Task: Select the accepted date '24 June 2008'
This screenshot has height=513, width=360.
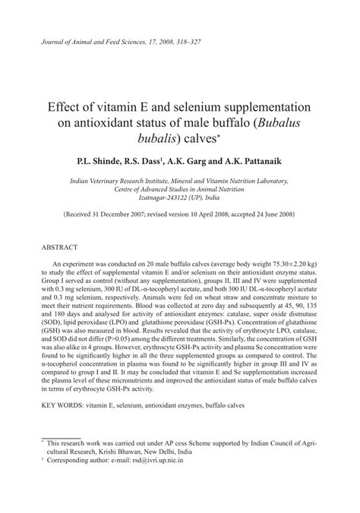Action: tap(272, 215)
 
